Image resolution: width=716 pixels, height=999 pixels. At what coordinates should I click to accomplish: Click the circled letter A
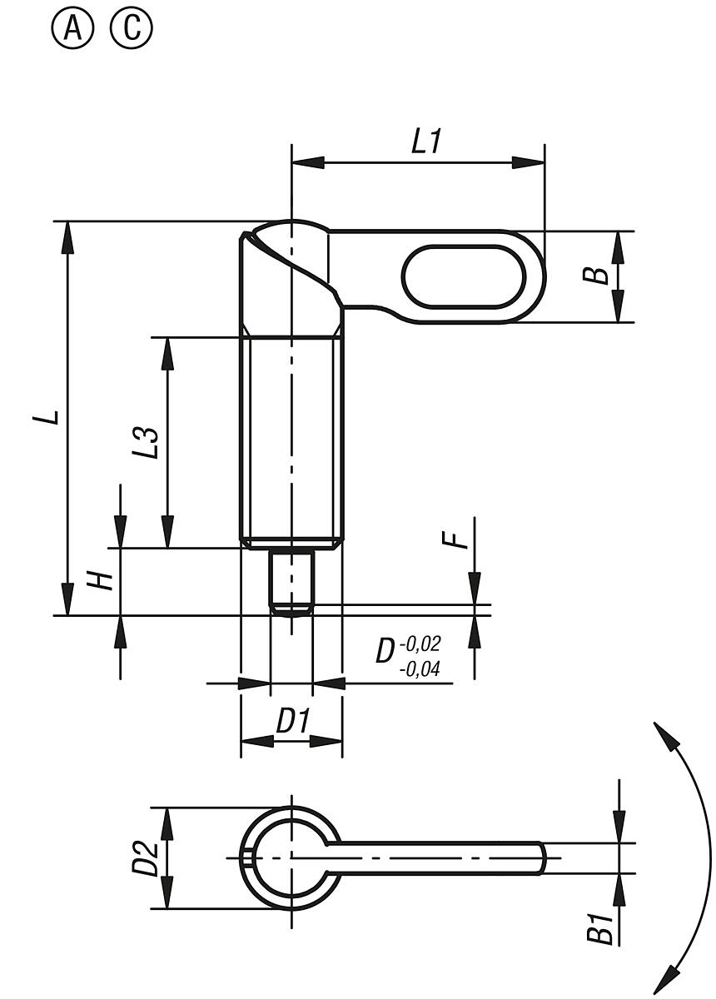73,31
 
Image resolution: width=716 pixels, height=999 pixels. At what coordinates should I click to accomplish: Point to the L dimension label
52,415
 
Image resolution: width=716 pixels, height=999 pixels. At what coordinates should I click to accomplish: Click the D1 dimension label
292,721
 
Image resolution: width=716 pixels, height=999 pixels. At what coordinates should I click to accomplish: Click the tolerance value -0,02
420,644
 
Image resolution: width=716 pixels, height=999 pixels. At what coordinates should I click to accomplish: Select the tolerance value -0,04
420,668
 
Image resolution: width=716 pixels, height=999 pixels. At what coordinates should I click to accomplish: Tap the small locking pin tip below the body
291,582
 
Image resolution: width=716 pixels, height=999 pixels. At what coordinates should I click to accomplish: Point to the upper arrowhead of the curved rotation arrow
662,733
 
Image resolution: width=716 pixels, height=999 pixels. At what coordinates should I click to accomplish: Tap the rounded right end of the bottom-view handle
543,857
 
